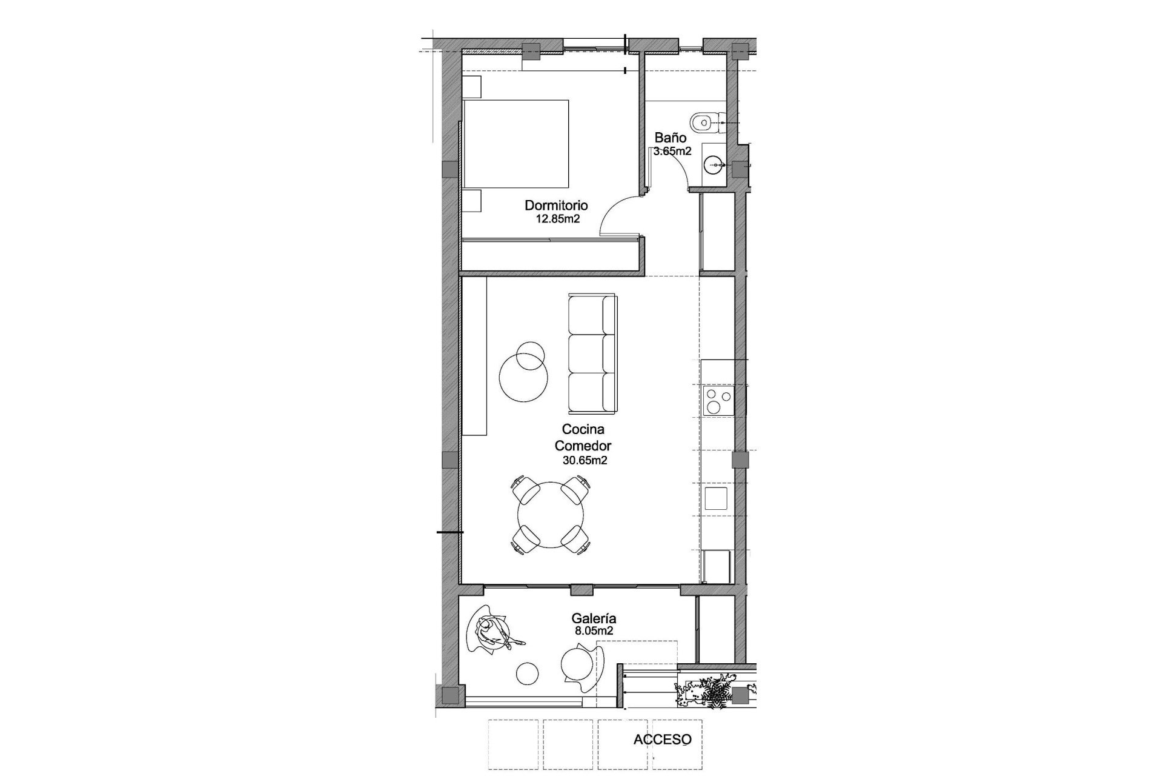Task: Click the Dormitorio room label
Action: click(x=556, y=206)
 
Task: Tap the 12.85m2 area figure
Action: click(x=558, y=219)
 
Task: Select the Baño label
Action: click(x=670, y=138)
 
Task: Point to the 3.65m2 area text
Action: click(x=672, y=152)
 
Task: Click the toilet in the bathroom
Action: click(x=704, y=122)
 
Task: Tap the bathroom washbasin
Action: click(x=715, y=163)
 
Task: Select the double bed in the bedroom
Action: click(x=516, y=144)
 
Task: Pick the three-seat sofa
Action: click(x=592, y=352)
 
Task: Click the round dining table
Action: click(x=551, y=515)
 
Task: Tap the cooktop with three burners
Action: click(x=718, y=401)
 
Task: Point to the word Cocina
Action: click(x=583, y=430)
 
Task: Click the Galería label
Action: click(x=594, y=618)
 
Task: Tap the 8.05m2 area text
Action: click(x=594, y=630)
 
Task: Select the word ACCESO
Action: click(x=662, y=740)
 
